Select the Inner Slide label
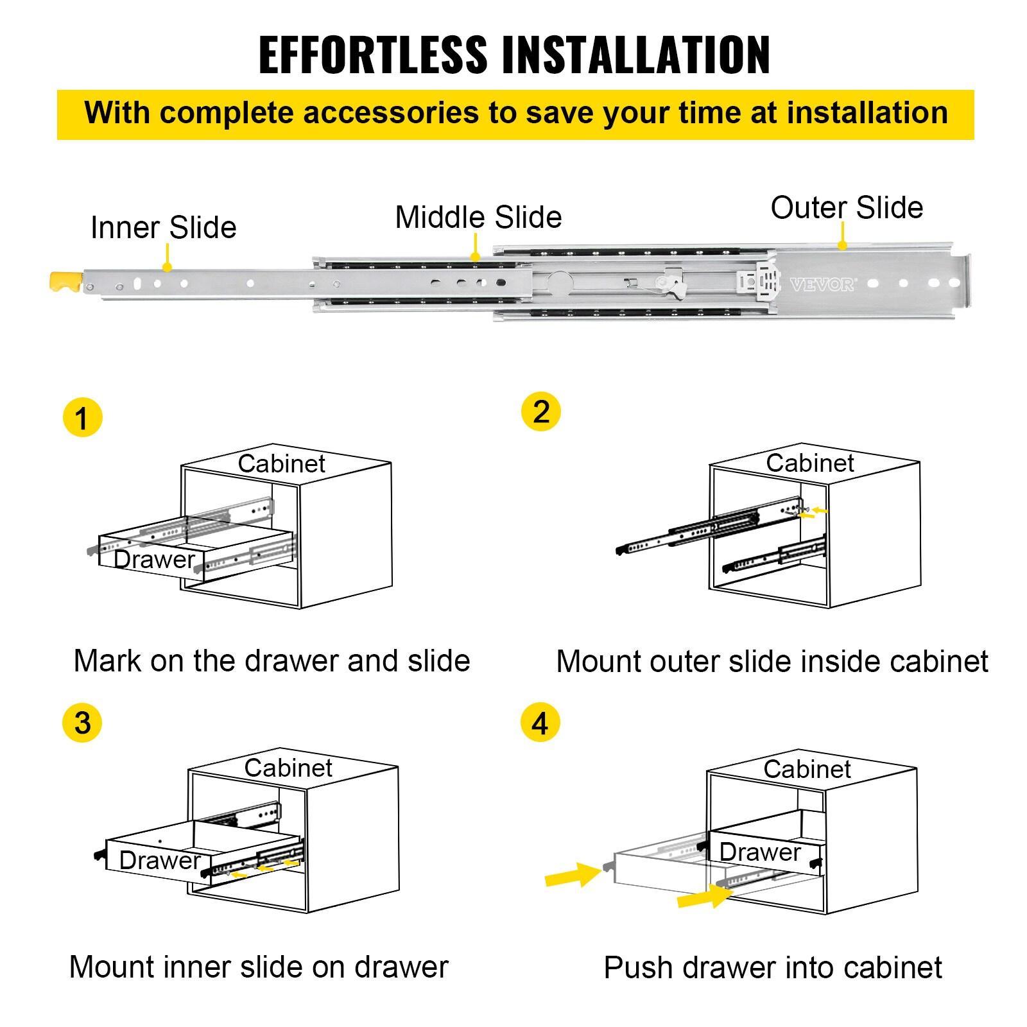point(163,228)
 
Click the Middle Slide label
point(478,217)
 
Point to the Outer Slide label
point(846,208)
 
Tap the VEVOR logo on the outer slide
point(822,284)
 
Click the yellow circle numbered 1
point(82,419)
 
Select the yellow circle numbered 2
point(540,411)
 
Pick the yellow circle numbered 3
point(82,723)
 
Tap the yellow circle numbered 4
point(540,723)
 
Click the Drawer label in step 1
point(154,560)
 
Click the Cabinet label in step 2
point(809,463)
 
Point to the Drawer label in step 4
point(760,852)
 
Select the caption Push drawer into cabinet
point(773,968)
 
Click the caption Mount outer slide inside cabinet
point(772,662)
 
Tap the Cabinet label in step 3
point(288,768)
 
